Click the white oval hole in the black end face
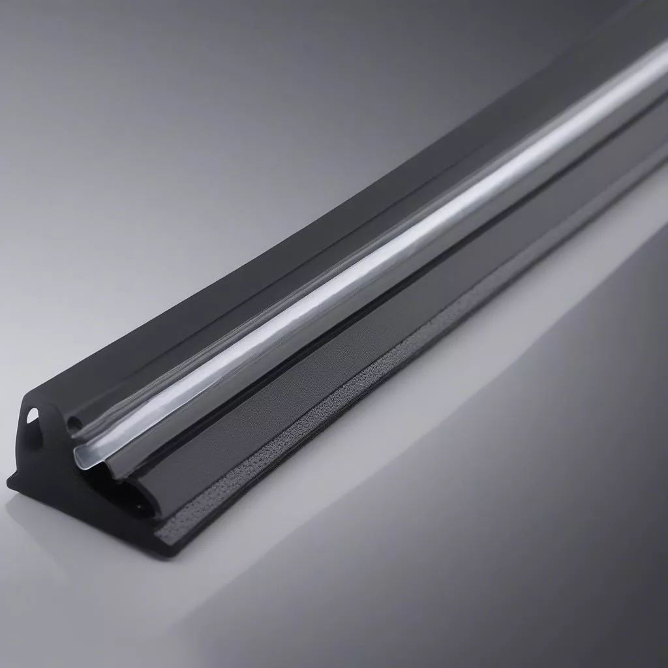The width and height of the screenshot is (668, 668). tap(32, 414)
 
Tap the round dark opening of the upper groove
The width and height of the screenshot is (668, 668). tap(75, 423)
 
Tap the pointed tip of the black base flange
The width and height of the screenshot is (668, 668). tap(9, 483)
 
